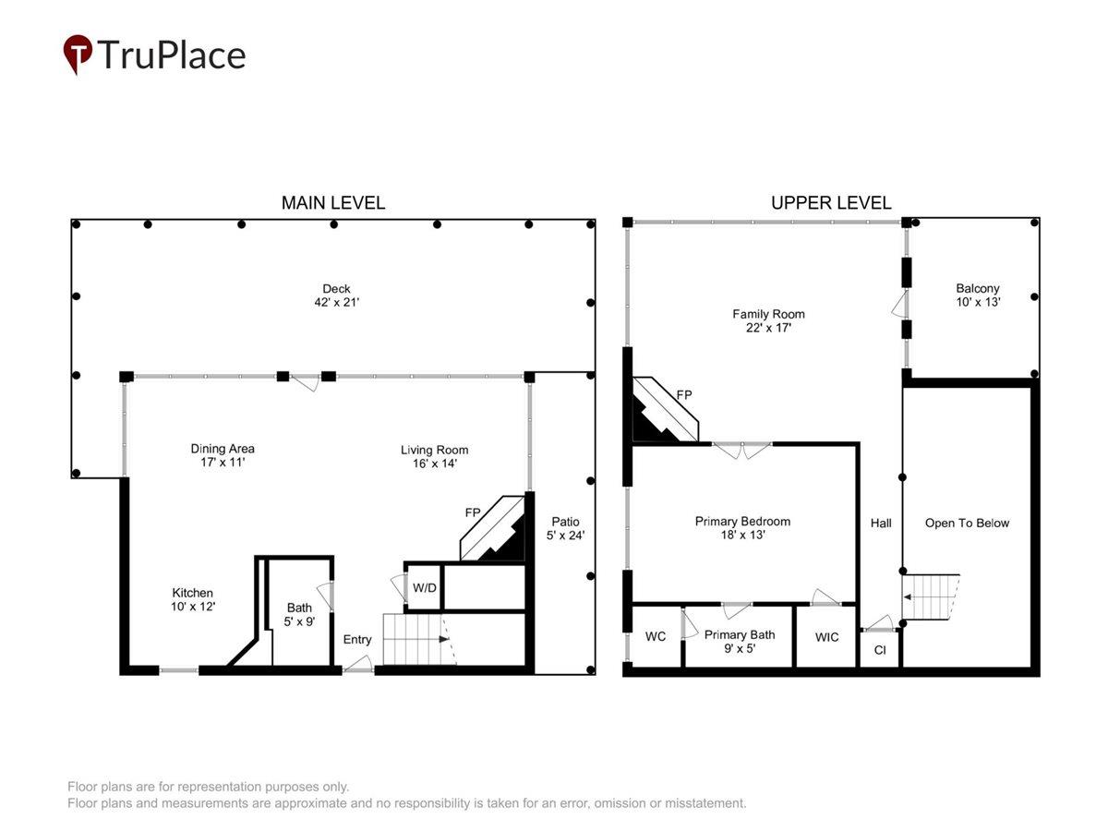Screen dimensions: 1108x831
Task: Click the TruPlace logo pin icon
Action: pos(78,54)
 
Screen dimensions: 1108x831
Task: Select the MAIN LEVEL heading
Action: pos(333,203)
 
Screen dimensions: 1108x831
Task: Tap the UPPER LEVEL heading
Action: pos(831,203)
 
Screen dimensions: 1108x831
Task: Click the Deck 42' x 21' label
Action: pos(336,295)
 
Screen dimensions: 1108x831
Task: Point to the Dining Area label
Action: pos(223,455)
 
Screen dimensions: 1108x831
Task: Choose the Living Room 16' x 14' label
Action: pos(435,457)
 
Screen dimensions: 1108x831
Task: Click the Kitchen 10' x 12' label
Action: pos(193,599)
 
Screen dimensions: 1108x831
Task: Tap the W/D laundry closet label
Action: pos(425,588)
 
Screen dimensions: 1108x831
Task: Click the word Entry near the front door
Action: pos(357,639)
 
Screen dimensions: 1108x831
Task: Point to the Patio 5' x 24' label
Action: pos(565,528)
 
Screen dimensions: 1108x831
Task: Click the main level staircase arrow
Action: pos(444,639)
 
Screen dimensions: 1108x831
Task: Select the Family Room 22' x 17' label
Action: pos(768,321)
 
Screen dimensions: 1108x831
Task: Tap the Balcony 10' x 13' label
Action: pos(978,295)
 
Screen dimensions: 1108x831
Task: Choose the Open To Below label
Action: pos(967,523)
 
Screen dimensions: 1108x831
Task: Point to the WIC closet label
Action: pos(826,637)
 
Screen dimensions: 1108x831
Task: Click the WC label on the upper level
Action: pos(656,637)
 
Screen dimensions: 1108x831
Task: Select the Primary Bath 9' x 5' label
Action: pos(740,642)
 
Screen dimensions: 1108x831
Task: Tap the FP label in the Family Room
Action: pos(684,394)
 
